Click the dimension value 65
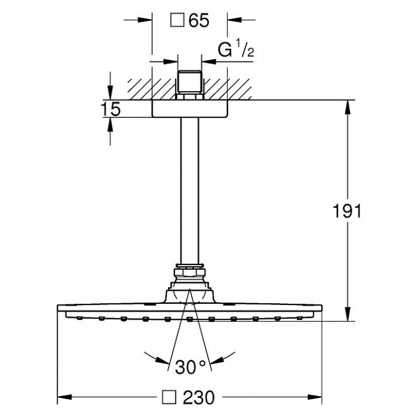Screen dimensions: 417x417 pos(199,20)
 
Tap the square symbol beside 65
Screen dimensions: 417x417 pos(178,20)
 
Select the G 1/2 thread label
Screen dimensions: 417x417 pos(236,49)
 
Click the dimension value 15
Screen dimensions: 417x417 pos(111,109)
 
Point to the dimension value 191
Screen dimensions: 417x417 pos(347,211)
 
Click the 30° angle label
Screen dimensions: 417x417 pos(191,368)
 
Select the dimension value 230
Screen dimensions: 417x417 pos(198,397)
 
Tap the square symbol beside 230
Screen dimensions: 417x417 pos(169,397)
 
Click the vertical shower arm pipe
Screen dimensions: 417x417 pos(189,191)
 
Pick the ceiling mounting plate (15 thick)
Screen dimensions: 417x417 pos(189,108)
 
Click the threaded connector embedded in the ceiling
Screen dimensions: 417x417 pos(189,85)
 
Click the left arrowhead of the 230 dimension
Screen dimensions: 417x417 pos(64,397)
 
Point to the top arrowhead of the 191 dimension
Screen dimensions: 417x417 pos(347,107)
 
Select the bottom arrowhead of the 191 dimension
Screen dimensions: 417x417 pos(347,314)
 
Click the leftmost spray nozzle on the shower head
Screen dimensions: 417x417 pos(79,318)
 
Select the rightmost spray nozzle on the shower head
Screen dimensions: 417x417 pos(300,318)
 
